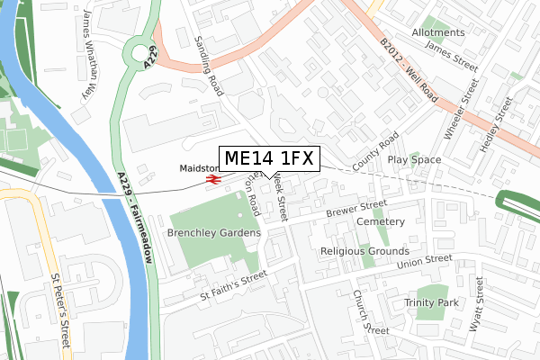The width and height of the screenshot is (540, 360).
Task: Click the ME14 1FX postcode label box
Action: pyautogui.click(x=268, y=159)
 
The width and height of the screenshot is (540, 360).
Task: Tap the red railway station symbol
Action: pyautogui.click(x=213, y=180)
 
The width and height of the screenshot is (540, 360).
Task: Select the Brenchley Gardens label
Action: pyautogui.click(x=213, y=232)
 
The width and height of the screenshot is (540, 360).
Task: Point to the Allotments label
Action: pyautogui.click(x=438, y=32)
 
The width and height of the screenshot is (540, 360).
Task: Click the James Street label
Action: pyautogui.click(x=450, y=56)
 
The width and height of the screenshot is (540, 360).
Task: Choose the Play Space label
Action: pyautogui.click(x=414, y=159)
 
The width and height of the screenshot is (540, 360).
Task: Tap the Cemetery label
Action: pyautogui.click(x=380, y=221)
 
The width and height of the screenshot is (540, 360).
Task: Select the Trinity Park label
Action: pyautogui.click(x=431, y=303)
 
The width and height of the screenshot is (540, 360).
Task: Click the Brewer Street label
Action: pyautogui.click(x=355, y=210)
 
